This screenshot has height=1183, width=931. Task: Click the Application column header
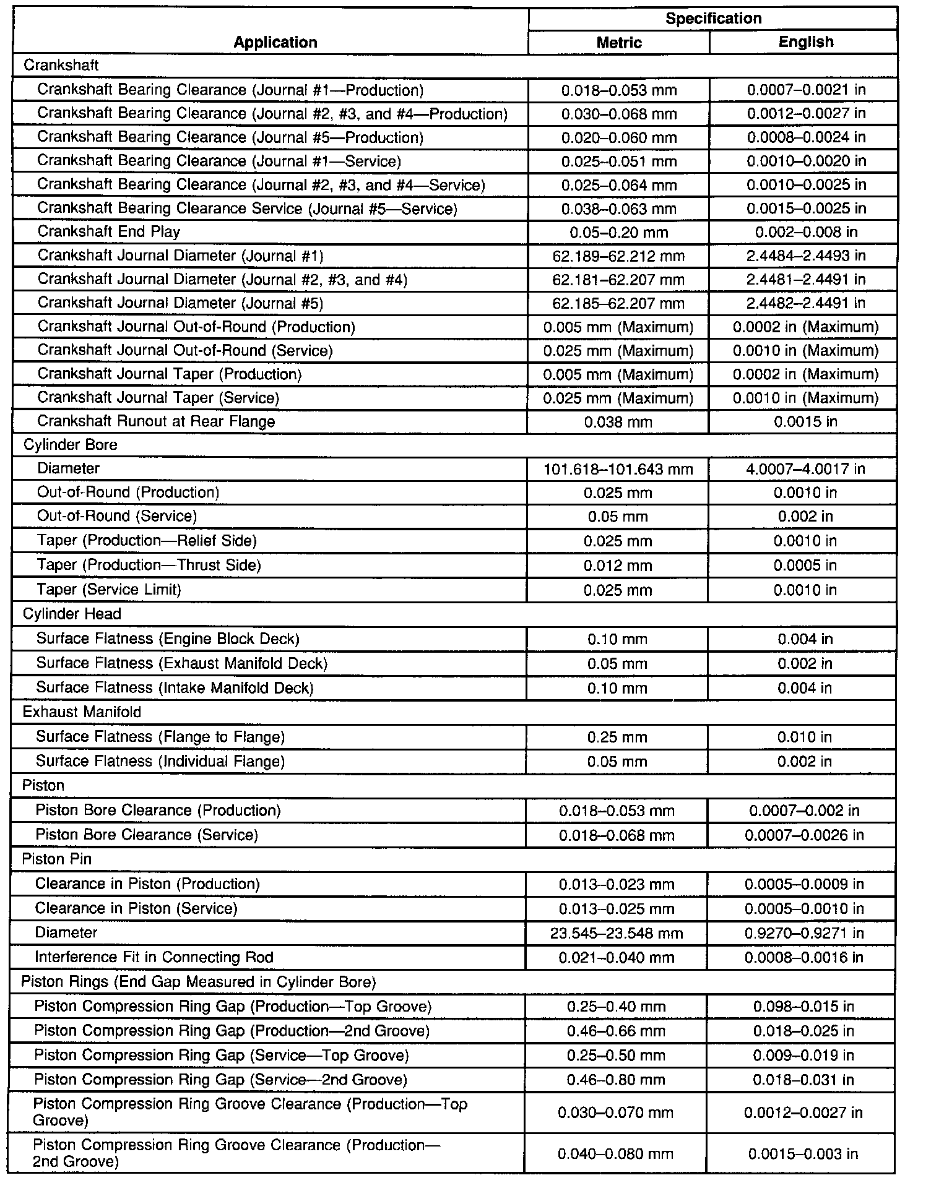pyautogui.click(x=275, y=42)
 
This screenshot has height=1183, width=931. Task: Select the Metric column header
pyautogui.click(x=618, y=42)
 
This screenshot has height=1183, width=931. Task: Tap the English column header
pyautogui.click(x=805, y=42)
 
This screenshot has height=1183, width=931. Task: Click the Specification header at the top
pyautogui.click(x=713, y=19)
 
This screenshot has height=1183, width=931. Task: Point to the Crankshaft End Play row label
pyautogui.click(x=109, y=232)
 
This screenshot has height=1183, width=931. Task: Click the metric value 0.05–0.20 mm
pyautogui.click(x=618, y=233)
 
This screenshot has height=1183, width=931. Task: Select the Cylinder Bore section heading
pyautogui.click(x=70, y=445)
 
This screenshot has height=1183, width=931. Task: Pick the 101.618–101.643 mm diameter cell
pyautogui.click(x=618, y=469)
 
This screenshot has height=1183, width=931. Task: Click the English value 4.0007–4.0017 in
pyautogui.click(x=805, y=469)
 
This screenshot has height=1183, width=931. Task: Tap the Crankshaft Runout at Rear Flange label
pyautogui.click(x=156, y=421)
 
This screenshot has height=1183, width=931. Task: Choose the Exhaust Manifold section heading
pyautogui.click(x=82, y=712)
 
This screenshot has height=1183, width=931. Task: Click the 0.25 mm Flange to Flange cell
pyautogui.click(x=617, y=737)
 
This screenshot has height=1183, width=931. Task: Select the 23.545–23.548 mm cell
pyautogui.click(x=617, y=933)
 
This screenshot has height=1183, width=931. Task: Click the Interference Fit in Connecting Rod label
pyautogui.click(x=154, y=957)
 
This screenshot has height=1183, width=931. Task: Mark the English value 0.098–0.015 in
pyautogui.click(x=803, y=1007)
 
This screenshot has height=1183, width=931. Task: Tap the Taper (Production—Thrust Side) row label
pyautogui.click(x=149, y=565)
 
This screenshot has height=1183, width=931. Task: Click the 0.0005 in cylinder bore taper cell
pyautogui.click(x=805, y=566)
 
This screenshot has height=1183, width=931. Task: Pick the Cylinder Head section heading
pyautogui.click(x=72, y=614)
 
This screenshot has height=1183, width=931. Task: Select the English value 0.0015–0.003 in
pyautogui.click(x=803, y=1154)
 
